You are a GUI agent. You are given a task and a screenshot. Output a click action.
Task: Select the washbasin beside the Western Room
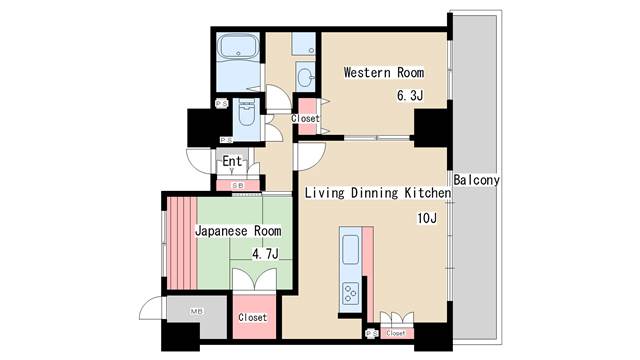(x=305, y=78)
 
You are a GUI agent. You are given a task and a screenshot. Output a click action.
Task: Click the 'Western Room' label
(x=383, y=73)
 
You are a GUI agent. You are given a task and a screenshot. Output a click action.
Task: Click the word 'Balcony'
(x=476, y=180)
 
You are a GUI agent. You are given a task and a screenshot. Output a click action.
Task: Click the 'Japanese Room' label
(x=237, y=230)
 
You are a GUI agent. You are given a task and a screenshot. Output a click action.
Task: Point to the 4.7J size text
(x=265, y=254)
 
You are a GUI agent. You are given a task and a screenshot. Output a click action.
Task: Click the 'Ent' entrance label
(x=231, y=162)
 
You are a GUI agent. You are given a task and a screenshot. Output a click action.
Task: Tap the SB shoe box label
(x=238, y=185)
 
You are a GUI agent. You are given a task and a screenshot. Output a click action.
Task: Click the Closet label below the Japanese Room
(x=252, y=317)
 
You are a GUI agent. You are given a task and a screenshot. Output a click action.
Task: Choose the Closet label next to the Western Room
(x=305, y=119)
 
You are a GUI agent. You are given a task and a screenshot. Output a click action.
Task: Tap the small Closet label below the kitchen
(x=397, y=333)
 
